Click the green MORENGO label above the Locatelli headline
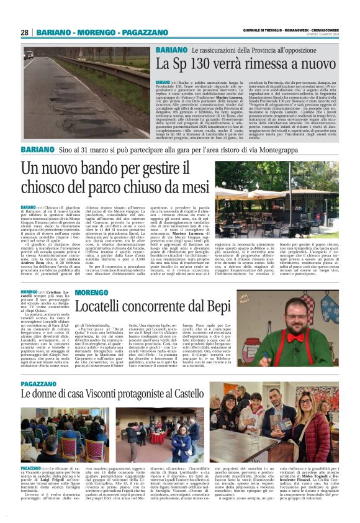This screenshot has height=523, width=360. click(x=91, y=292)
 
